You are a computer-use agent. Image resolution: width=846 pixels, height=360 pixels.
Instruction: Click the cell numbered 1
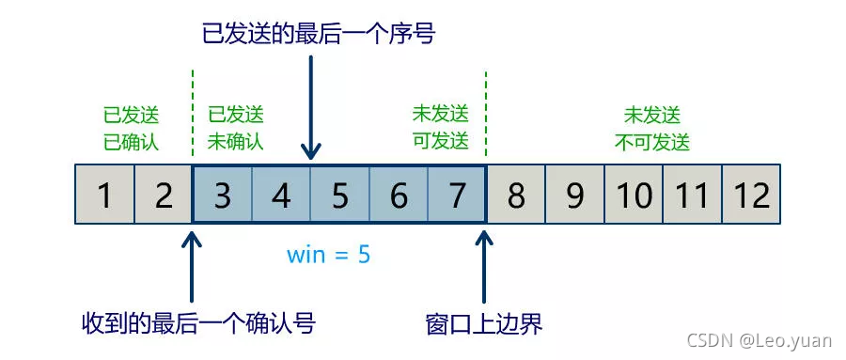tap(104, 196)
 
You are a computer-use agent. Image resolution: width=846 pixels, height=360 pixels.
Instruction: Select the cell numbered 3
tap(222, 196)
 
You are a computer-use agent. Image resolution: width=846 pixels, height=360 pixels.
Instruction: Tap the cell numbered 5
tap(339, 196)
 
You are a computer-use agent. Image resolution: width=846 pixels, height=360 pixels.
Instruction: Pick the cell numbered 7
tap(457, 196)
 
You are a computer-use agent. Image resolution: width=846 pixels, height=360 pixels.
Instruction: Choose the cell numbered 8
tap(515, 196)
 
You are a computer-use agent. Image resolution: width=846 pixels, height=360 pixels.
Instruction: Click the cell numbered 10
tap(634, 196)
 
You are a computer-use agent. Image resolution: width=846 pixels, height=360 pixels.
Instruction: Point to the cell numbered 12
tap(751, 196)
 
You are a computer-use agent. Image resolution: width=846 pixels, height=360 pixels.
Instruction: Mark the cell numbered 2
tap(164, 196)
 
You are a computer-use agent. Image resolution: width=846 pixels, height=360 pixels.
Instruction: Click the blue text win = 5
tap(329, 254)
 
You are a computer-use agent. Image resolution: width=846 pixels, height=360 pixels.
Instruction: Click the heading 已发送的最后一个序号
tap(320, 36)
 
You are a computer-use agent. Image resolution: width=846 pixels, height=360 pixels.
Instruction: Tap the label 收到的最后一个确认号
tap(197, 324)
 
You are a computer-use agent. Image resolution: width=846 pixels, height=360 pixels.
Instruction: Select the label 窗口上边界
tap(484, 324)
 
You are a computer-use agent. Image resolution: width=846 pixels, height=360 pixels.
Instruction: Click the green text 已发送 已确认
tap(132, 129)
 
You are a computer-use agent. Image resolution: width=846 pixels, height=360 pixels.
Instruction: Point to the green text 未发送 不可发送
tap(652, 129)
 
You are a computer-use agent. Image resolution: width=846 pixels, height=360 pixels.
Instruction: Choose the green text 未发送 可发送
tap(440, 129)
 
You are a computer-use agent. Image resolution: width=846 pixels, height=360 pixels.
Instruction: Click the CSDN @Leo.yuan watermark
tap(759, 341)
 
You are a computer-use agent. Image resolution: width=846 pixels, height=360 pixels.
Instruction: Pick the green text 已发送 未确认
tap(236, 129)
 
